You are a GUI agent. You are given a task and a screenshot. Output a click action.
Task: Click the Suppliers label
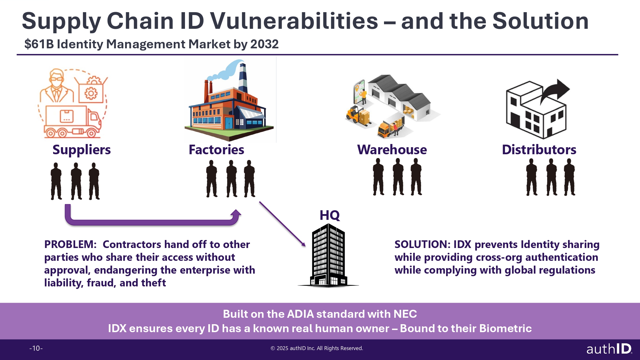tap(82, 150)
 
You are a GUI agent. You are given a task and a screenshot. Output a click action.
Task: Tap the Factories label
tap(216, 150)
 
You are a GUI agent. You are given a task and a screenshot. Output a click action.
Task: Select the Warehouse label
tap(392, 150)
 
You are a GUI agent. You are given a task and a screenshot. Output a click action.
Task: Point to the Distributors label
tap(539, 150)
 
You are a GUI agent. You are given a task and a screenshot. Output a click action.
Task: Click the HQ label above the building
tap(330, 215)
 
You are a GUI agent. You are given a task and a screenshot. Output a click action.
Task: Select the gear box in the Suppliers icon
tap(91, 89)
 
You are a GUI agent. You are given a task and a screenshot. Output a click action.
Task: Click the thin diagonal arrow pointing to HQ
tap(283, 224)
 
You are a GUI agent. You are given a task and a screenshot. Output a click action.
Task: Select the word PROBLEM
tap(70, 244)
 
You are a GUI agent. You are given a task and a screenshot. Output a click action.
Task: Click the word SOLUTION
tap(422, 244)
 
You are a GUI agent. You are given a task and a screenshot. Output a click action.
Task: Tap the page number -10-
tap(36, 348)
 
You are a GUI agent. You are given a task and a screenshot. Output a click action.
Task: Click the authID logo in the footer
tap(609, 348)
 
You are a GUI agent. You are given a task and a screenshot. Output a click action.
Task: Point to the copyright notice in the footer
tap(317, 348)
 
